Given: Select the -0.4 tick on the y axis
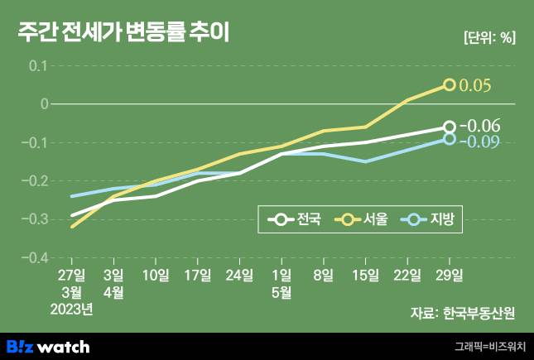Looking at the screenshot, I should pyautogui.click(x=36, y=258).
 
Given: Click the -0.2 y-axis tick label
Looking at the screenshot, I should pyautogui.click(x=36, y=180).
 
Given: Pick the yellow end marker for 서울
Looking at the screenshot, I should pyautogui.click(x=449, y=84).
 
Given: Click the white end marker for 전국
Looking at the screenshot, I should pyautogui.click(x=449, y=127).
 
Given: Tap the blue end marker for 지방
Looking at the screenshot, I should pyautogui.click(x=449, y=139).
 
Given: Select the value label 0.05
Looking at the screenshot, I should pyautogui.click(x=475, y=85).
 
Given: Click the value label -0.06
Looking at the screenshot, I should pyautogui.click(x=480, y=126).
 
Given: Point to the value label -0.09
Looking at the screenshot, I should pyautogui.click(x=480, y=142).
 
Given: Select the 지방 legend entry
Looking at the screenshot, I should pyautogui.click(x=430, y=219).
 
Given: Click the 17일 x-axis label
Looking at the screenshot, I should pyautogui.click(x=198, y=275).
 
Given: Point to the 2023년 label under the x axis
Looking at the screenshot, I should pyautogui.click(x=72, y=310).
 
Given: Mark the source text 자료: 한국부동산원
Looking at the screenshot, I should pyautogui.click(x=462, y=313).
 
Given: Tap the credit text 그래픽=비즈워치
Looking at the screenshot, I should pyautogui.click(x=488, y=347).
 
